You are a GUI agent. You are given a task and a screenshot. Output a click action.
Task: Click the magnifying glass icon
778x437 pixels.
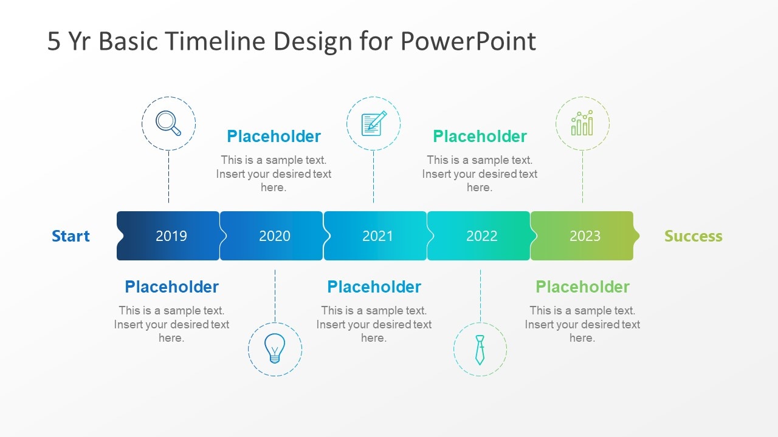pos(168,123)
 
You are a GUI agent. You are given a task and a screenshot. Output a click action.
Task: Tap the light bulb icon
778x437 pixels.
pos(275,348)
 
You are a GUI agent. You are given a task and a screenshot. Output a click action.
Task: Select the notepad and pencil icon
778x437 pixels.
pos(374,123)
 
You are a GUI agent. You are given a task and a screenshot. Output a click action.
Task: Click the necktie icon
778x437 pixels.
pos(480,350)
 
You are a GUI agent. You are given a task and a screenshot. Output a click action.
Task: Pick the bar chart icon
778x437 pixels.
pos(582,123)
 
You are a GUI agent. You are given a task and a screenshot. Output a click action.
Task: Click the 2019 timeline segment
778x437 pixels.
pos(168,236)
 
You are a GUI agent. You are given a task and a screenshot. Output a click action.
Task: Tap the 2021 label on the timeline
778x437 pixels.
pos(377,236)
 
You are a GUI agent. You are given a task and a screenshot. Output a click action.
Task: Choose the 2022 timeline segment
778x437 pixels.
pos(479,236)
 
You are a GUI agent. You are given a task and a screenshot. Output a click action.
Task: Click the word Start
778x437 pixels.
pos(71,236)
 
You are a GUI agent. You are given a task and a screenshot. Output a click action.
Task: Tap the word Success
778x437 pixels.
pos(694,236)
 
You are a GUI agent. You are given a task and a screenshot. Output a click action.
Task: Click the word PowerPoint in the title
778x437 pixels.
pos(468,41)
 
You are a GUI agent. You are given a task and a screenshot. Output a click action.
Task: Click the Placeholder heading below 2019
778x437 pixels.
pos(171,287)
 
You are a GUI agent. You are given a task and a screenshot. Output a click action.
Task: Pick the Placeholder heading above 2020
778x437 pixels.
pos(274,137)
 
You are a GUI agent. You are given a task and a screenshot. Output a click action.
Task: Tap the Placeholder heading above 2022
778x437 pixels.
pos(480,137)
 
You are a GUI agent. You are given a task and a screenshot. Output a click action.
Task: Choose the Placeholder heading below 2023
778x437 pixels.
pos(582,287)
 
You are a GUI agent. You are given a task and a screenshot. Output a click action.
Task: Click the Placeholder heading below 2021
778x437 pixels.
pos(374,287)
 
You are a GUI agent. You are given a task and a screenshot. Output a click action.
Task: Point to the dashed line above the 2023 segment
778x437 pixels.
pos(582,177)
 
